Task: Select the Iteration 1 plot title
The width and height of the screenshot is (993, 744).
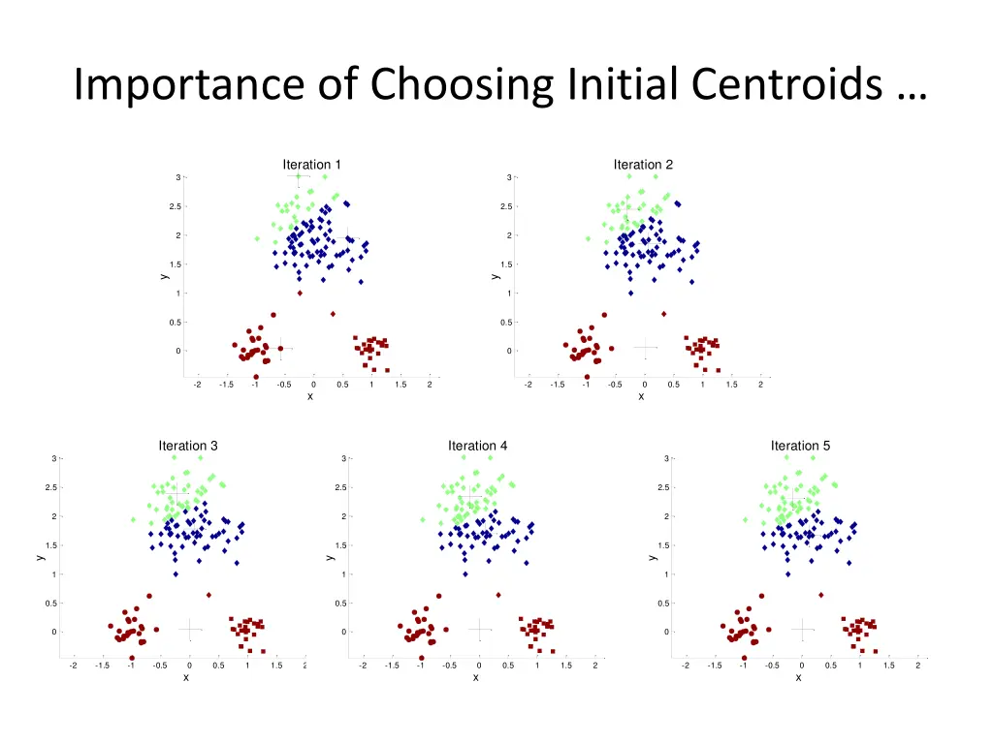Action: click(x=311, y=165)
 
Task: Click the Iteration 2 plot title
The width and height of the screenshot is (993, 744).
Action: click(x=643, y=165)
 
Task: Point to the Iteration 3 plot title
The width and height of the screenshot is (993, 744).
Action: click(x=188, y=446)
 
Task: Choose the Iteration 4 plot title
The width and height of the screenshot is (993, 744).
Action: click(x=477, y=446)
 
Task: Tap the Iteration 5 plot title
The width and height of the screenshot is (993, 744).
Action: click(x=800, y=446)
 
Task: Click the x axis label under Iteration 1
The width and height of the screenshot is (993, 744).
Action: click(x=310, y=396)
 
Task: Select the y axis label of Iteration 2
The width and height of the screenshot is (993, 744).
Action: click(x=495, y=276)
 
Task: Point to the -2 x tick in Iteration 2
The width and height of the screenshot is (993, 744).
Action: click(x=528, y=385)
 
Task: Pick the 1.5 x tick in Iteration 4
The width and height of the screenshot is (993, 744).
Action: click(x=565, y=666)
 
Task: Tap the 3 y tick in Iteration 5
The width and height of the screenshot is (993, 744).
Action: click(x=667, y=458)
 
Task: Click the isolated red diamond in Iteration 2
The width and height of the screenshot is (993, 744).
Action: click(x=663, y=314)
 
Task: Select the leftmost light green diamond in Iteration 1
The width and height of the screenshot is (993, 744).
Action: click(x=257, y=238)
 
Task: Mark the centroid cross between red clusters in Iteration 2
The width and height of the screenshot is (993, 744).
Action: click(x=646, y=347)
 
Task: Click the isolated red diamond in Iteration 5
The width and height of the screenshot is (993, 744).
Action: click(x=821, y=595)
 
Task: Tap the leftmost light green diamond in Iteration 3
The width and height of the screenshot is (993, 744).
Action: click(x=133, y=519)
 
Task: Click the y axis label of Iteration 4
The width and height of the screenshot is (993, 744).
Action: click(x=331, y=557)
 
